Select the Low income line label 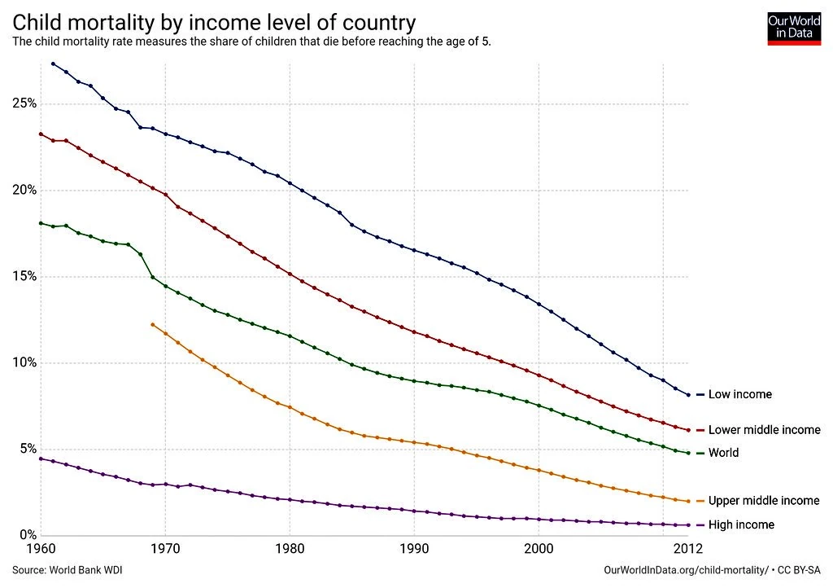[x=739, y=395]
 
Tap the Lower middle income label [x=764, y=430]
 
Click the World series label [x=723, y=453]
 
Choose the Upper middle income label [x=764, y=501]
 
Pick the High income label [x=741, y=525]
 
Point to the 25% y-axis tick [x=24, y=104]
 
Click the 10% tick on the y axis [x=24, y=362]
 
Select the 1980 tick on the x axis [x=290, y=550]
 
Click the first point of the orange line [x=152, y=324]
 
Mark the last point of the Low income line [x=688, y=395]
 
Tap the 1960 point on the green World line [x=41, y=223]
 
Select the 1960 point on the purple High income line [x=41, y=459]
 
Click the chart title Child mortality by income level [x=214, y=21]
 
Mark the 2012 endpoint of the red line [x=688, y=430]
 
